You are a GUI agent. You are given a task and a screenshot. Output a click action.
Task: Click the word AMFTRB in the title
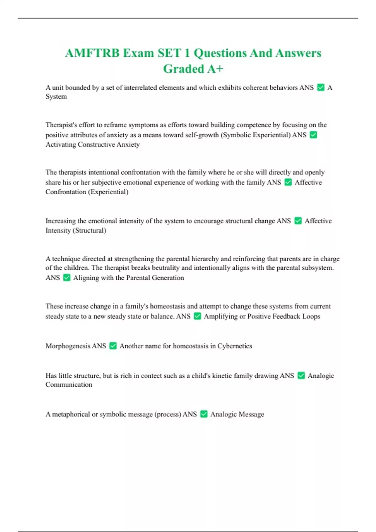coord(92,53)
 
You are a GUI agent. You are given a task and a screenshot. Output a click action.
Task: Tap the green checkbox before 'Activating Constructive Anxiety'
coord(313,135)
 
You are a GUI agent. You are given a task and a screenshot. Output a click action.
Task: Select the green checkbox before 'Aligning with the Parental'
coord(67,278)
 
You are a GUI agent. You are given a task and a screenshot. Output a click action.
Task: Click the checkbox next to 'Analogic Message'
coord(204,414)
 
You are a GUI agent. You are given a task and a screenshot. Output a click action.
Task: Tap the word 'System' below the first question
coord(56,96)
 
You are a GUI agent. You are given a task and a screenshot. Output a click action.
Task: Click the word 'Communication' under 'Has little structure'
coord(69,385)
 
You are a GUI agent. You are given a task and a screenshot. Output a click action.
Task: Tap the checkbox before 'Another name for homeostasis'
coord(113,346)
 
